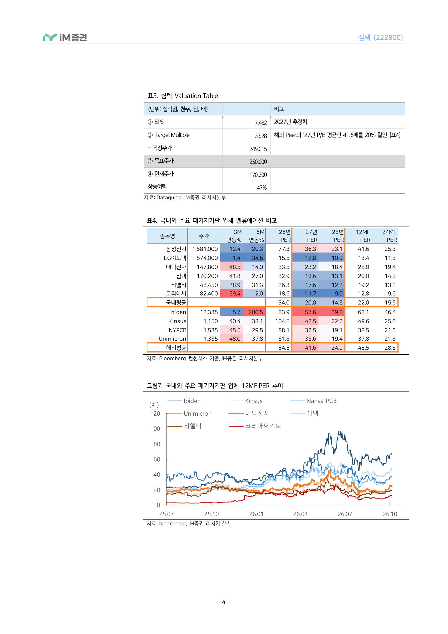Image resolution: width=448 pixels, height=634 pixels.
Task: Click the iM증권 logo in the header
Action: tap(65, 38)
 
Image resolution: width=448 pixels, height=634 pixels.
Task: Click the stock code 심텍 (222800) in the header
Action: tap(380, 37)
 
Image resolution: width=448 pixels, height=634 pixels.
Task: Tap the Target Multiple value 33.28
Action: tap(261, 136)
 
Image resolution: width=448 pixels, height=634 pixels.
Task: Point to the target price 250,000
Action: tap(258, 162)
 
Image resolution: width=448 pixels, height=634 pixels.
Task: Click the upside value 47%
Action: tap(262, 188)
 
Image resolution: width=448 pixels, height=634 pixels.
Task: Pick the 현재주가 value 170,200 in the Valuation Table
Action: tap(258, 175)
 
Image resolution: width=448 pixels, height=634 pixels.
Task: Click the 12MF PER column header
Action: tap(363, 236)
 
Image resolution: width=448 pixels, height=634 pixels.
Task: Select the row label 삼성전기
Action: tap(176, 249)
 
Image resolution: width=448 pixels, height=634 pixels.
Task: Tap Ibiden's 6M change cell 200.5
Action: tap(256, 312)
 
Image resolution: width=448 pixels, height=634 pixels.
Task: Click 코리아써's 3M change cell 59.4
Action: tap(235, 293)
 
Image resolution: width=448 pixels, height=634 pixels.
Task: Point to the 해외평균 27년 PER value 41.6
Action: tap(310, 348)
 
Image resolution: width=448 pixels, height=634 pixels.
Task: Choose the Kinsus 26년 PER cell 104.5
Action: tap(282, 321)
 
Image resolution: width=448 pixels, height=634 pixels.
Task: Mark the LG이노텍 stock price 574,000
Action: tap(207, 258)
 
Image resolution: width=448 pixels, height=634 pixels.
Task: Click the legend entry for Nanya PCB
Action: tap(313, 401)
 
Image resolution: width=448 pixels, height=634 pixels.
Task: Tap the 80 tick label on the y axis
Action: tap(157, 444)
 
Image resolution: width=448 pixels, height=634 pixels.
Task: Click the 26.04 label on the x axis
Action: tap(300, 514)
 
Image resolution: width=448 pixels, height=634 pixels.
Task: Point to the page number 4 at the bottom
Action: tap(223, 602)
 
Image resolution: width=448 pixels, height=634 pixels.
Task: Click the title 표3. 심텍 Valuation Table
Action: tap(183, 96)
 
